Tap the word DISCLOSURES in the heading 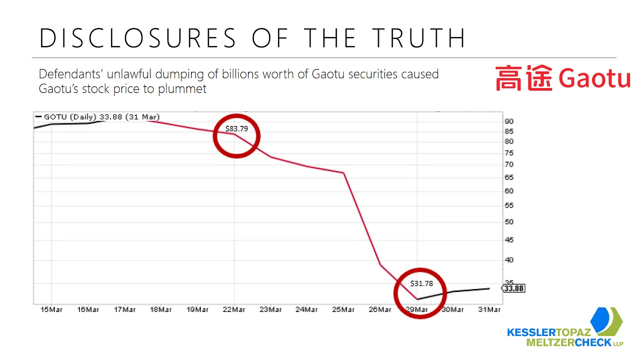coord(137,38)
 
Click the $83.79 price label coord(236,128)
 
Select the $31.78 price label coord(421,283)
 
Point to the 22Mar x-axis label coord(234,310)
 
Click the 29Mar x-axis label coord(417,310)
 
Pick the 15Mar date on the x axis coord(51,310)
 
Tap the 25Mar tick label coord(343,310)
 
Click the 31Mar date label coord(489,310)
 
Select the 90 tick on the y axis coord(509,121)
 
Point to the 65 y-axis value coord(509,177)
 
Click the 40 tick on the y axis coord(509,260)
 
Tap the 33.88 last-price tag coord(513,288)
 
